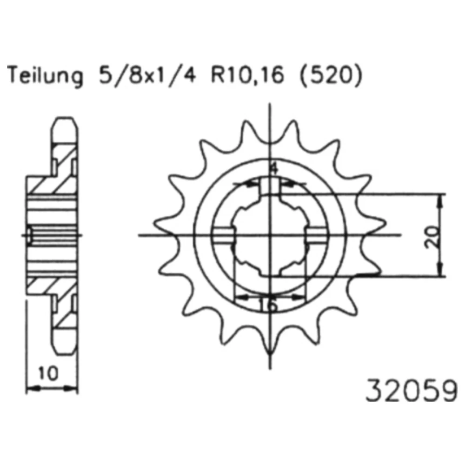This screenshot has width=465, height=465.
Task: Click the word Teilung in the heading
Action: [45, 76]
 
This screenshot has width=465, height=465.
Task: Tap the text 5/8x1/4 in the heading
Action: [147, 75]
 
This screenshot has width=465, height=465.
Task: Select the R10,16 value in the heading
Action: [247, 75]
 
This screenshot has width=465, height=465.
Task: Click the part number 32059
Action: [412, 390]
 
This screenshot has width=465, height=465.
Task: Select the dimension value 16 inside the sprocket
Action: [268, 305]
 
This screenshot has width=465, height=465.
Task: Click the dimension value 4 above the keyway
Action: [274, 169]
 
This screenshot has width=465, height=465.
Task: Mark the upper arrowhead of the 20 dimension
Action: [441, 202]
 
